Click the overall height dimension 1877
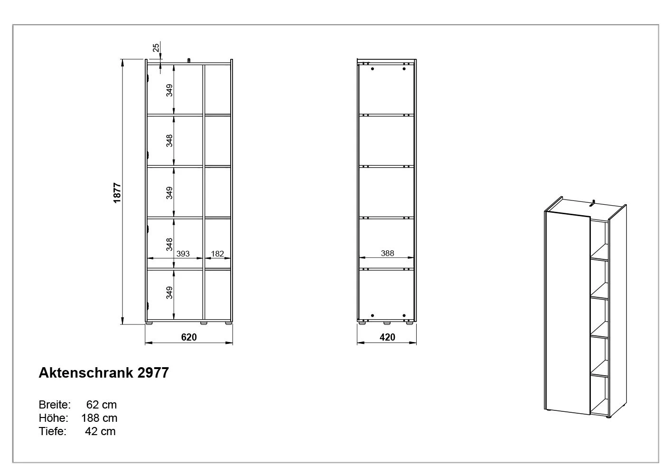[117, 193]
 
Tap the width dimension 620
[189, 337]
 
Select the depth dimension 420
[387, 337]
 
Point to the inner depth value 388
[387, 253]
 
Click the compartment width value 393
[183, 254]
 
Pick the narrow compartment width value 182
[217, 254]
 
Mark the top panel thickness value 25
[156, 48]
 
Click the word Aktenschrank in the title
[86, 373]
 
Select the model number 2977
[153, 373]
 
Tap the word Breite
[55, 405]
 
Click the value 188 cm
[99, 418]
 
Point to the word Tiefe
[52, 431]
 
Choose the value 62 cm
[101, 405]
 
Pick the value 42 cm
[100, 431]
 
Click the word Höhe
[53, 418]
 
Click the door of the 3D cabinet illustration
[568, 313]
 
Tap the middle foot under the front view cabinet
[204, 323]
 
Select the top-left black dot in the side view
[373, 69]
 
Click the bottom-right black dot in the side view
[404, 315]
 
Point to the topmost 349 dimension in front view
[169, 90]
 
